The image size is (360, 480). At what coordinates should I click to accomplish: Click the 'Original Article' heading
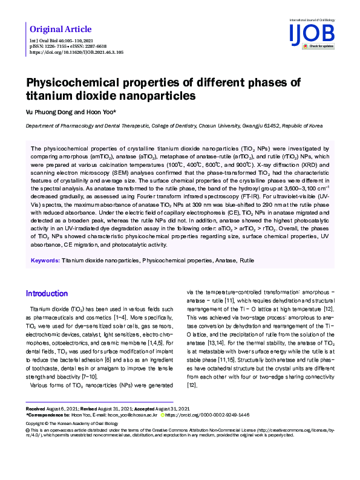point(61,29)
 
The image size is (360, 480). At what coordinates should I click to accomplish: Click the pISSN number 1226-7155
point(54,47)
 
